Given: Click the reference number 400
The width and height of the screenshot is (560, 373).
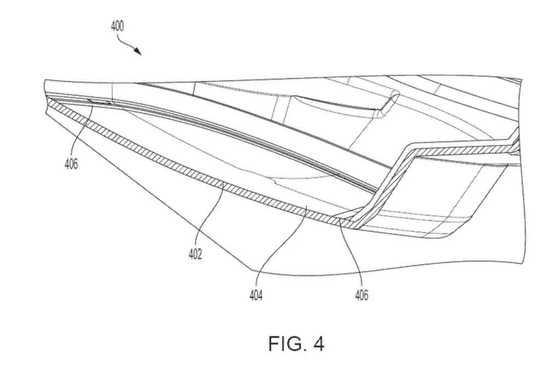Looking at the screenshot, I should [x=117, y=26].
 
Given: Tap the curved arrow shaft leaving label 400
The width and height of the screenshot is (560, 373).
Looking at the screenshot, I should [x=129, y=42].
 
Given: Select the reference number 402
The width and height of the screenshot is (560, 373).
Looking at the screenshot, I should [x=196, y=254].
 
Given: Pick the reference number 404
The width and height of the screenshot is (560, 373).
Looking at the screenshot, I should [x=256, y=295].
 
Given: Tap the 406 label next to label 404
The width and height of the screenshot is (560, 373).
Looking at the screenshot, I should [x=360, y=295].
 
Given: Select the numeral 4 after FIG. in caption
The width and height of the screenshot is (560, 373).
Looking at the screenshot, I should [x=319, y=344].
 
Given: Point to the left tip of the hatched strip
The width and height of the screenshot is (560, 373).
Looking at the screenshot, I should [x=48, y=105].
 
